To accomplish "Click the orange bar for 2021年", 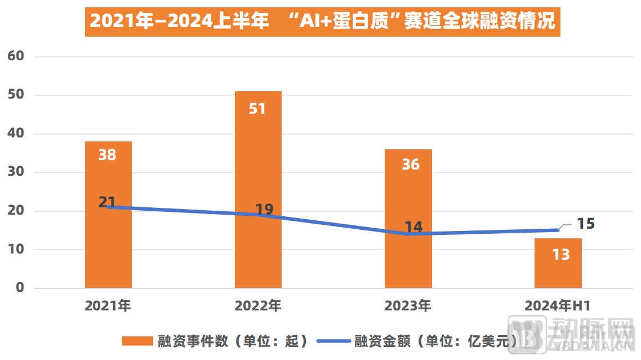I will coord(108,248).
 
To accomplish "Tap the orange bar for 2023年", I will coord(408,259).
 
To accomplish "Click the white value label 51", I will coord(257,108).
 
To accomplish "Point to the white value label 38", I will coord(107,154).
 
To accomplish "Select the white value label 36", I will coord(411,164).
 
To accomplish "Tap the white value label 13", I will coord(560,255).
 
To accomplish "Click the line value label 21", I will coord(107,202).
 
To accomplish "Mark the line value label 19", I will coord(264,210).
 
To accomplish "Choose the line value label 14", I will coord(413,227).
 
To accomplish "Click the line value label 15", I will coord(586,224).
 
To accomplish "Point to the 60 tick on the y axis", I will coord(16,56).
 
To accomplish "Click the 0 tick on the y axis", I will coord(20,288).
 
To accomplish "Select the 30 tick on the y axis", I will coord(16,172).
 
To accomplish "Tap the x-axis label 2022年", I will coord(258,306).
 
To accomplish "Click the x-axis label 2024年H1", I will coord(558,306).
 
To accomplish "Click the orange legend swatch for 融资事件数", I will coord(137,341).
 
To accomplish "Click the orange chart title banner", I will coord(322,21).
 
